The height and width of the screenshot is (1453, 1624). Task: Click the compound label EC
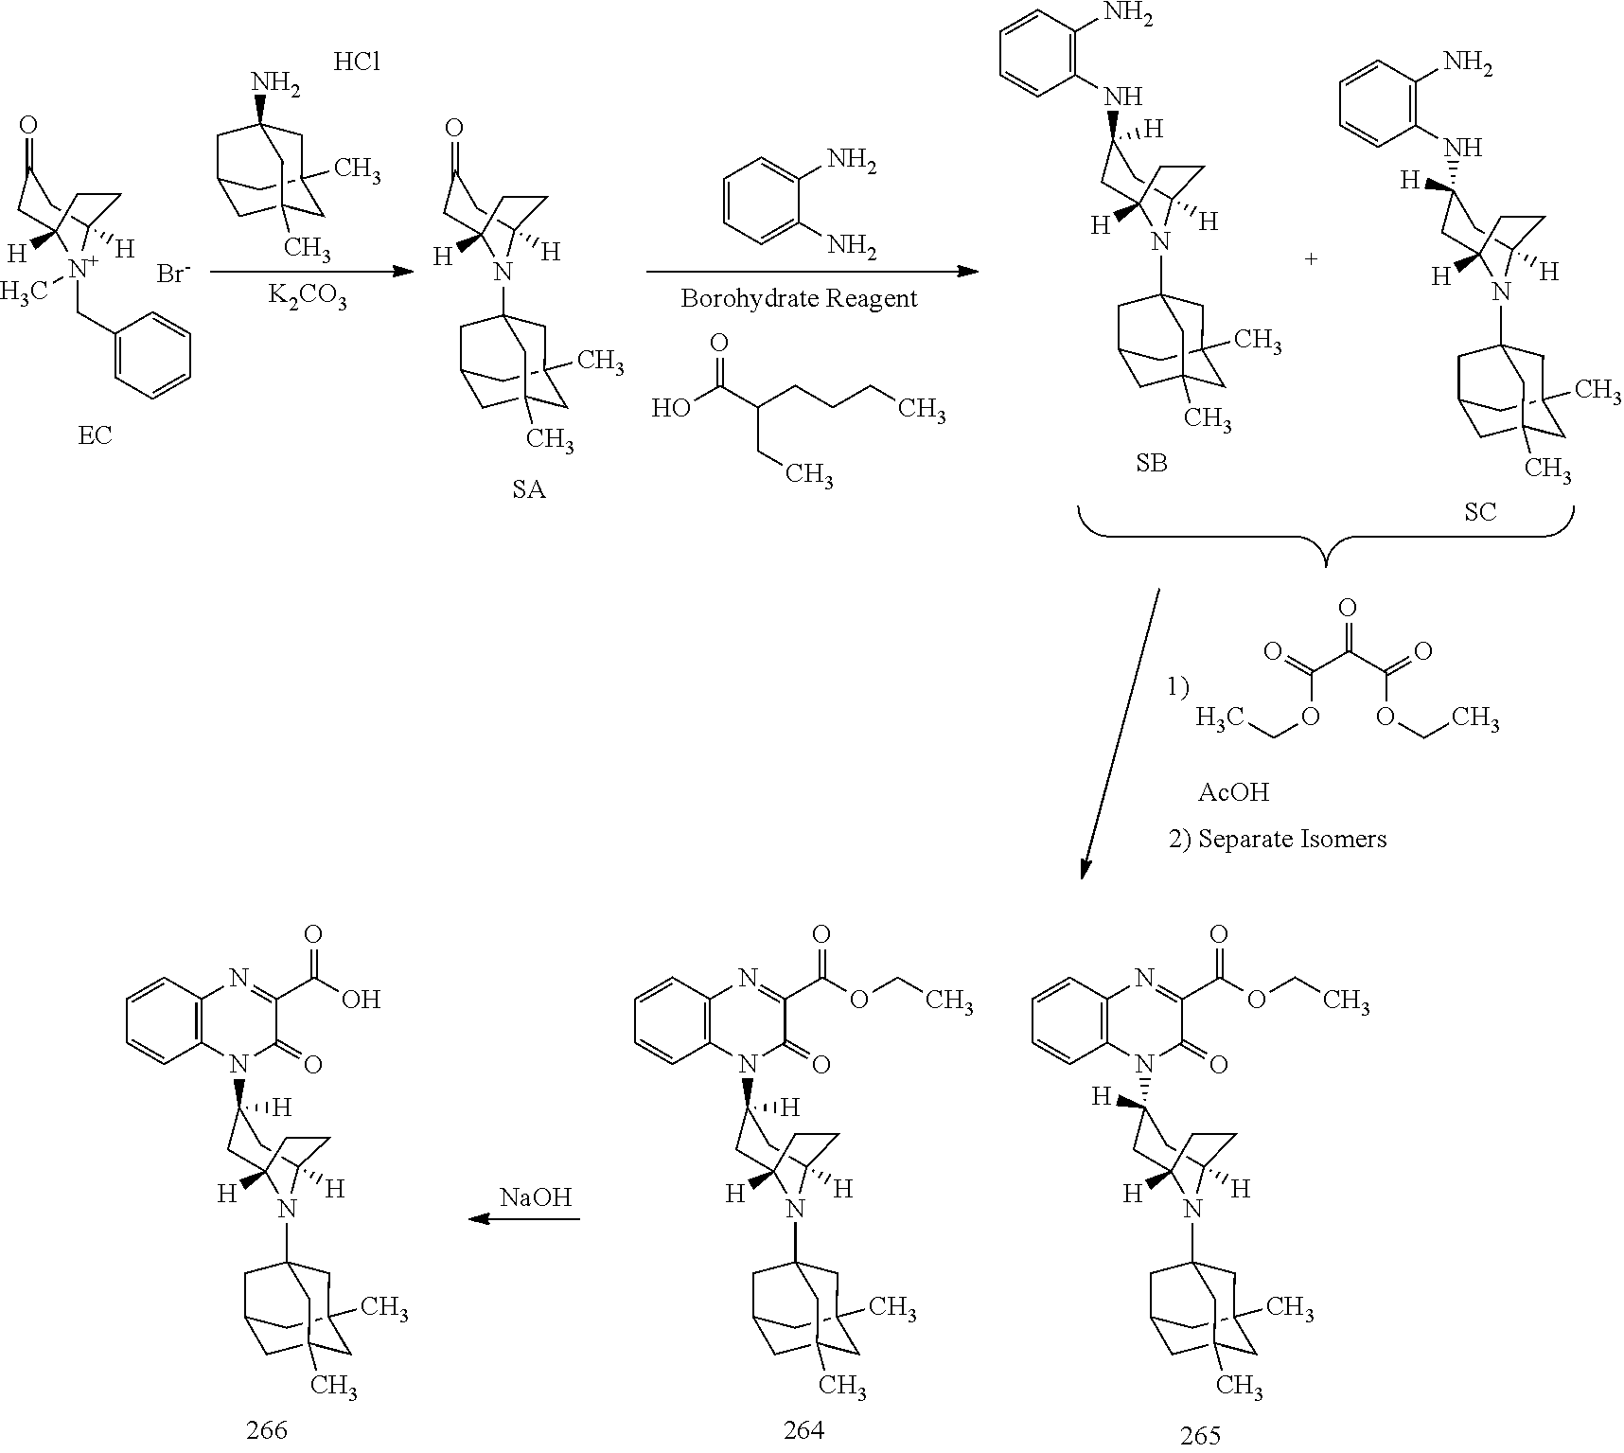(95, 435)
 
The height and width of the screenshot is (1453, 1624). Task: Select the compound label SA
(529, 489)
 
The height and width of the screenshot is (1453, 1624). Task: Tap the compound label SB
(1152, 464)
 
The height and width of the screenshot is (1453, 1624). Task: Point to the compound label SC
(1480, 511)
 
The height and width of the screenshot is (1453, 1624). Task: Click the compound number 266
(266, 1429)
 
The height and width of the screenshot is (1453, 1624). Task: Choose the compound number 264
(803, 1430)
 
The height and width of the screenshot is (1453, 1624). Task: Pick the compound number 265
(1201, 1435)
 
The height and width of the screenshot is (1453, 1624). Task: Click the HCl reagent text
(357, 62)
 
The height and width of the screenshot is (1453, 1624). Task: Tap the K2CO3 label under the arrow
(309, 299)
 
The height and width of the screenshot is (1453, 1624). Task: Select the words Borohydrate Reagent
(799, 299)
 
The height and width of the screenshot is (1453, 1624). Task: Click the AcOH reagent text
(1233, 791)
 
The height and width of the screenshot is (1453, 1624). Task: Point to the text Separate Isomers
(1292, 839)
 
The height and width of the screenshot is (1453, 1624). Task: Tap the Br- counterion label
(172, 275)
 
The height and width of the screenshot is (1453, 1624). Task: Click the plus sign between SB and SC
(1312, 258)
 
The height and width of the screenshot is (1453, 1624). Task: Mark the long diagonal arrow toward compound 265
(1121, 734)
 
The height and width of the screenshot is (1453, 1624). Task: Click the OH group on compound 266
(360, 1000)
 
